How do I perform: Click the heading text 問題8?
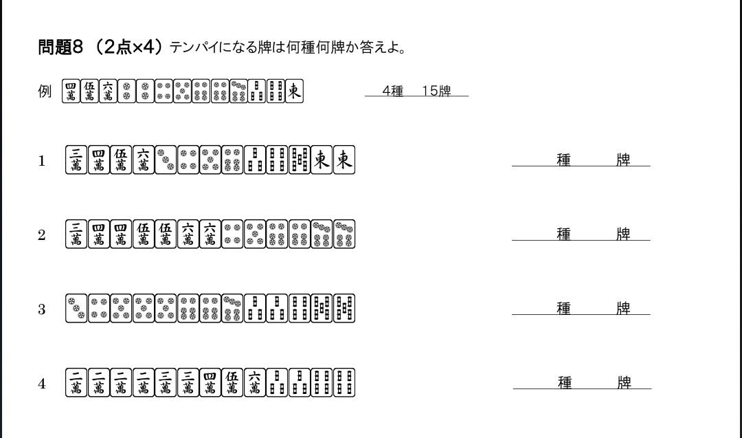point(60,47)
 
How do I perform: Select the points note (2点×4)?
point(129,47)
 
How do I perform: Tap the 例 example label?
point(45,91)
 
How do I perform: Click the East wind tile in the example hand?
point(294,91)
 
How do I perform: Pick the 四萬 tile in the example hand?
point(70,91)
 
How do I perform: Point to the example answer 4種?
point(392,91)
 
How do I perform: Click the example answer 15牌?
point(436,91)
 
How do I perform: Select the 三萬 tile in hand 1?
point(76,160)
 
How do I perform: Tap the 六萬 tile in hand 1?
point(143,160)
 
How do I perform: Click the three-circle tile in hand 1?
point(166,160)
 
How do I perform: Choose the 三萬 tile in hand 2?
point(76,234)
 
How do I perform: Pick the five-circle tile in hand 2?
point(254,234)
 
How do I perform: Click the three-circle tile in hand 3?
point(76,309)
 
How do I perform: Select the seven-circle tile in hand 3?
point(232,309)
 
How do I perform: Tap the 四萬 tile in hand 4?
point(210,383)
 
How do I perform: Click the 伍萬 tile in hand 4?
point(232,383)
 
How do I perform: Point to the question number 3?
point(42,309)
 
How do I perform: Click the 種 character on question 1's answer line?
point(563,160)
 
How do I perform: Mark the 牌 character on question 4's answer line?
point(624,383)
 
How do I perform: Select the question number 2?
point(42,235)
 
